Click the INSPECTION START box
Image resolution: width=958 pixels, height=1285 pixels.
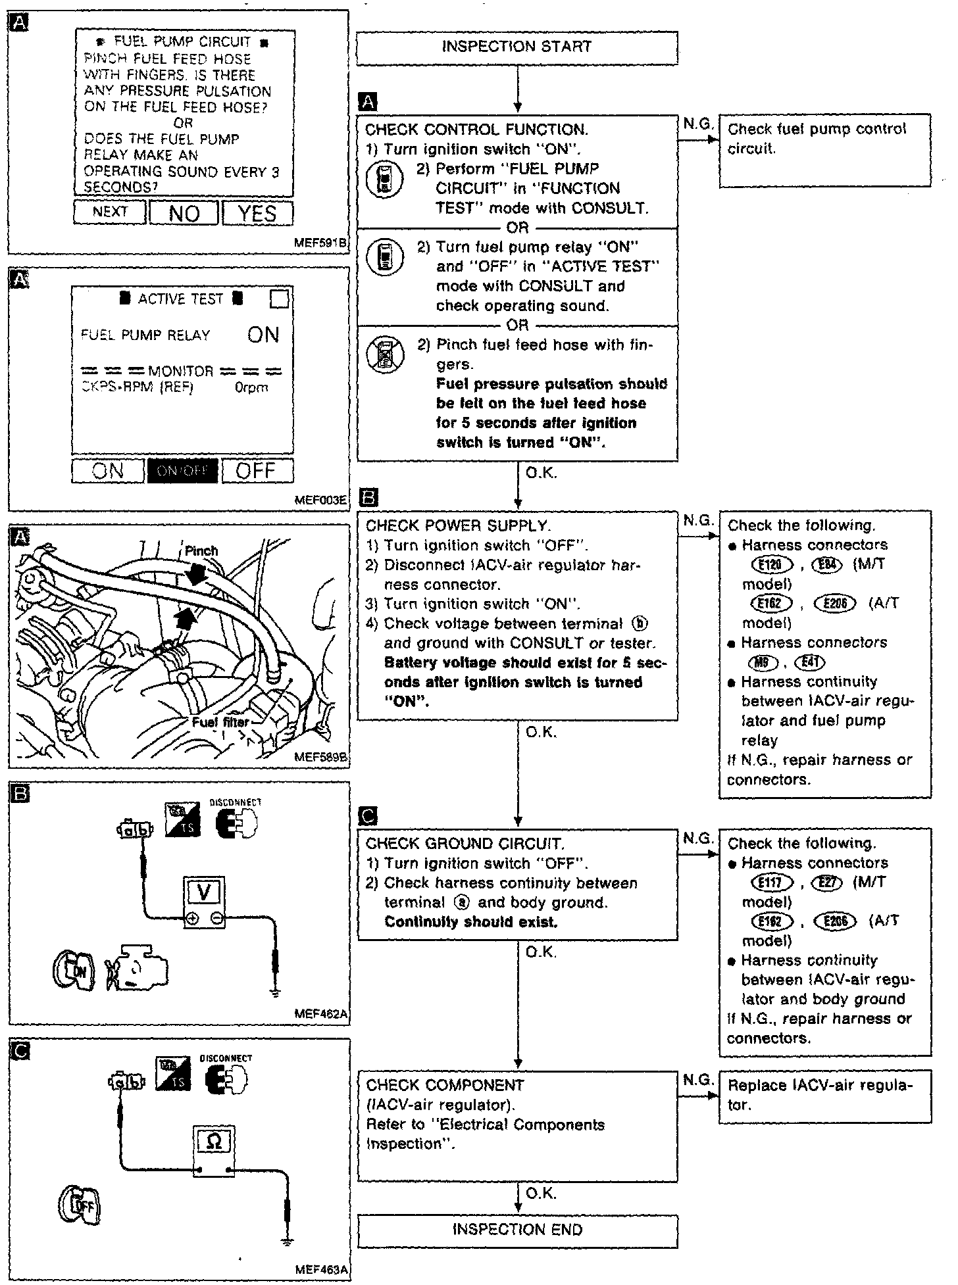517,47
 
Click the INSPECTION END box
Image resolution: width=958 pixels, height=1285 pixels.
517,1230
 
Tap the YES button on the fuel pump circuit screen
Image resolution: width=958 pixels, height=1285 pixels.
257,214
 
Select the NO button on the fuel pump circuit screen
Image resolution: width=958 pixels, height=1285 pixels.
184,214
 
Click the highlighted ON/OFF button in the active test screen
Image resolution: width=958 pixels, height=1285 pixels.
182,471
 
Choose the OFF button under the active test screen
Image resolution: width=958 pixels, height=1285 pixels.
256,471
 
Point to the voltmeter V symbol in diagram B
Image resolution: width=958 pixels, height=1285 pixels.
205,892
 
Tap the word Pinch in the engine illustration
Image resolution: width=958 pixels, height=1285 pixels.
201,551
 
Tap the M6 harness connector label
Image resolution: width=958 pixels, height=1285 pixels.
763,662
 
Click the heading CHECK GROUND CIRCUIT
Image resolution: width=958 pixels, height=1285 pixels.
465,844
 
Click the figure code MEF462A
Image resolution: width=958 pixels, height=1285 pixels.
321,1015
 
